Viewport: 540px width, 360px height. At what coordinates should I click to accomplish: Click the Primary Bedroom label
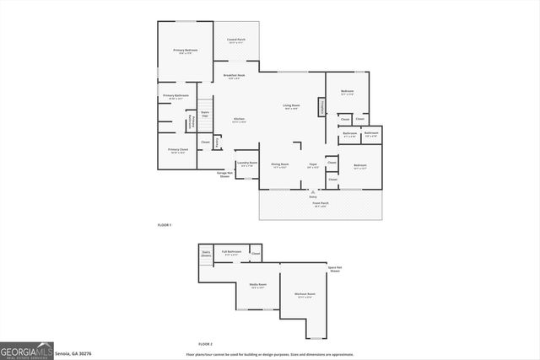tap(186, 51)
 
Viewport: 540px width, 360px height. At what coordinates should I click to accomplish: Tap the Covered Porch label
tap(235, 40)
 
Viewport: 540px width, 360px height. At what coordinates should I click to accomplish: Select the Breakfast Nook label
tap(234, 76)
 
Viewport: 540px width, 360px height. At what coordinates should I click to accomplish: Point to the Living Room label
tap(291, 105)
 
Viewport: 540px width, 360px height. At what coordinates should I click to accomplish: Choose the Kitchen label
tap(239, 120)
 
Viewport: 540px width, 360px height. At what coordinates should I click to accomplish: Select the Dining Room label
tap(280, 164)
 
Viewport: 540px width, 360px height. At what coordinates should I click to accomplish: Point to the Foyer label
tap(312, 164)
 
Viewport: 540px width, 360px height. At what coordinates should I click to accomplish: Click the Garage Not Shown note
tap(224, 175)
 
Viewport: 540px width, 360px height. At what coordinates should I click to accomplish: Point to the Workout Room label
tap(305, 294)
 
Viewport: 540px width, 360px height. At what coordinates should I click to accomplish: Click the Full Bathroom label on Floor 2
tap(232, 252)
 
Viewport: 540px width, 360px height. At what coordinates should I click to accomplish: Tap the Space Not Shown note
tap(335, 269)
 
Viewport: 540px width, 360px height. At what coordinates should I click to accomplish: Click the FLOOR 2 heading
tap(206, 344)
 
